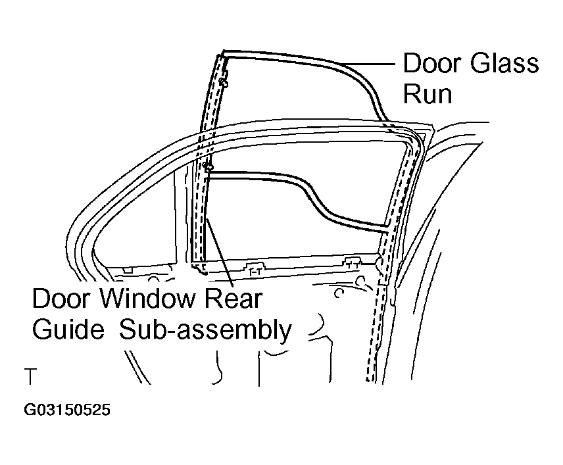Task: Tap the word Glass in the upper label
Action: pos(504,63)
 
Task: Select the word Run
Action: pos(428,94)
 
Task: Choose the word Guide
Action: pos(68,329)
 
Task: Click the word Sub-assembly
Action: pos(205,330)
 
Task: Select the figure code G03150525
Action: pos(67,410)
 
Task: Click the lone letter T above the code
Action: pos(30,376)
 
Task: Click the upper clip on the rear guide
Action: pos(224,83)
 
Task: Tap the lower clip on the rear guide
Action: pos(208,166)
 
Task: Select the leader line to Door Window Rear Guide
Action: pos(220,253)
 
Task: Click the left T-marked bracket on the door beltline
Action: pos(255,269)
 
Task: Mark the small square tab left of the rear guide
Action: pos(128,270)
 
